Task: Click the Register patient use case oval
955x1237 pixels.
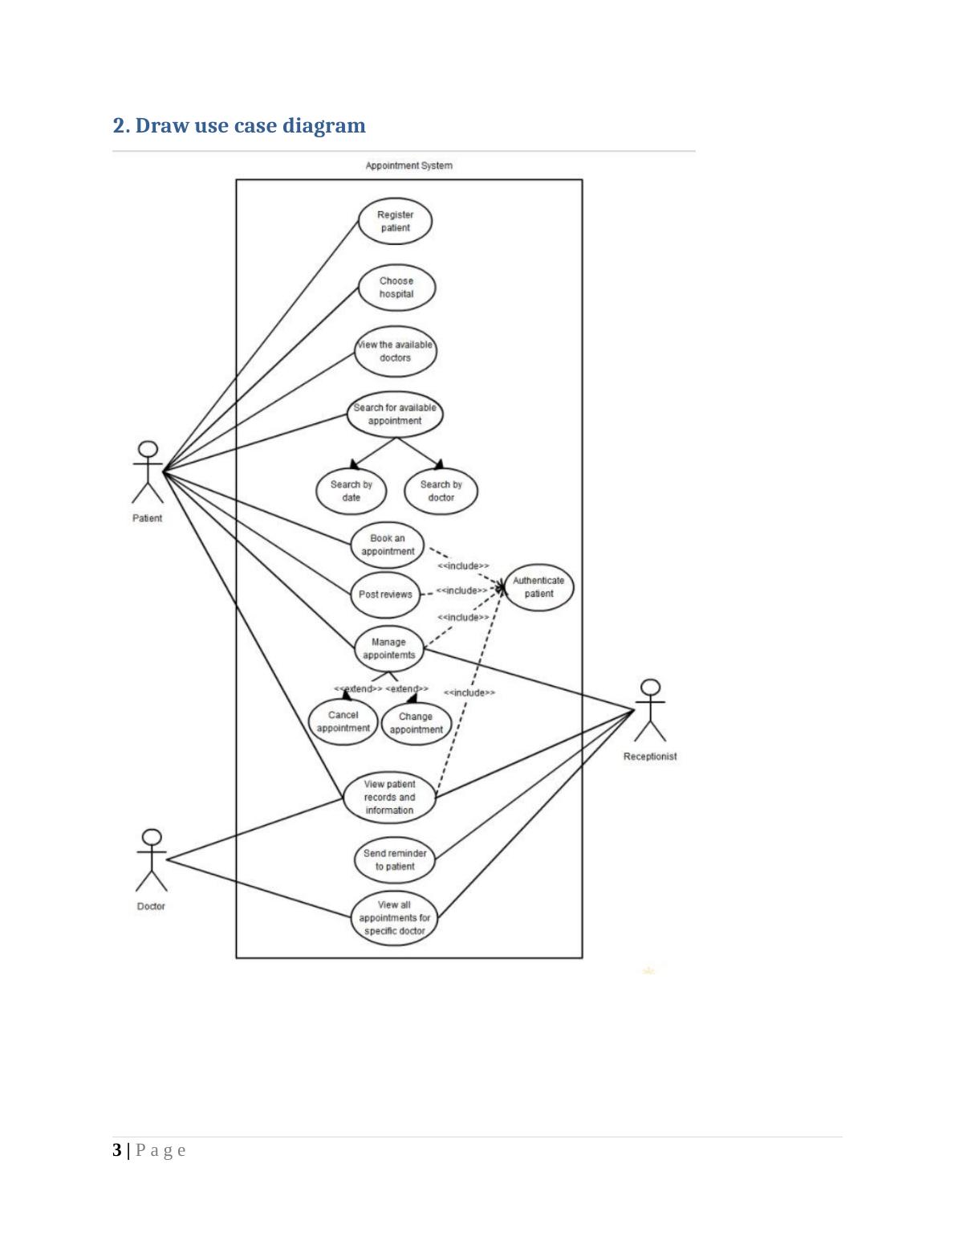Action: point(395,221)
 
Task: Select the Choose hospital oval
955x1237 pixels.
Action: point(396,288)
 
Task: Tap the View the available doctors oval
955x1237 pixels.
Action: point(395,351)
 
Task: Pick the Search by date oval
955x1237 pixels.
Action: point(351,491)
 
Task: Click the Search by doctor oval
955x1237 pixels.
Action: point(441,491)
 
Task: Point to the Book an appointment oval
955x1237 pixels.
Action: point(388,545)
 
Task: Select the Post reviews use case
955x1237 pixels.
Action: point(385,594)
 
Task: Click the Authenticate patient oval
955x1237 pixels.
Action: point(538,587)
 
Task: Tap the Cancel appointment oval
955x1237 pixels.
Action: point(343,721)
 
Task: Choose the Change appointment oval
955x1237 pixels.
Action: point(416,723)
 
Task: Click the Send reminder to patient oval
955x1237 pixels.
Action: point(395,860)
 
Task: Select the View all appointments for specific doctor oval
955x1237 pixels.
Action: point(394,917)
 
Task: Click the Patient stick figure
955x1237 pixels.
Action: point(148,472)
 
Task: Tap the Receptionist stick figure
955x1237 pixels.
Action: point(651,710)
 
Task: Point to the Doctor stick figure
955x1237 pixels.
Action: point(151,860)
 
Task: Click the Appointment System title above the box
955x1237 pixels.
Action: point(408,165)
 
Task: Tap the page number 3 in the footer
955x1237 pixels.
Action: point(117,1150)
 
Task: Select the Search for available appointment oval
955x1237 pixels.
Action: point(395,414)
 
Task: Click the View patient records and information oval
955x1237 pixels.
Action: point(390,797)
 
